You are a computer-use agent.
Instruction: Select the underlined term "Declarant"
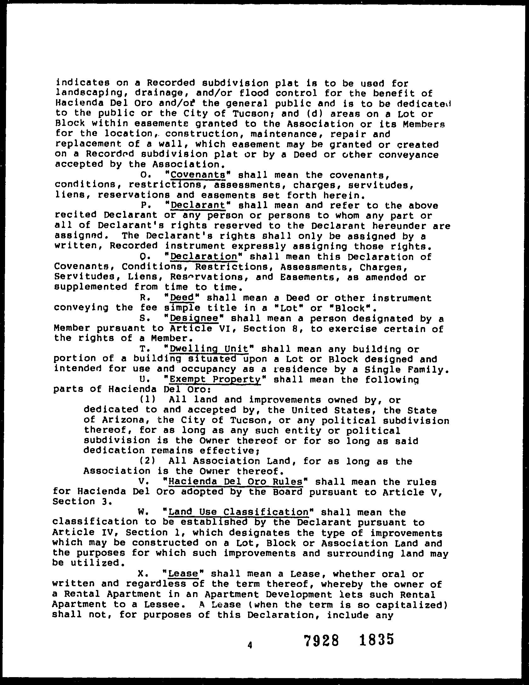[198, 205]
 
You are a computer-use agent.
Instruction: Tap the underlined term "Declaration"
[203, 257]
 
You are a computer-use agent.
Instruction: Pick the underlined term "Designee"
[194, 319]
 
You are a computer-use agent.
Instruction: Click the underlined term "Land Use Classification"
[239, 512]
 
